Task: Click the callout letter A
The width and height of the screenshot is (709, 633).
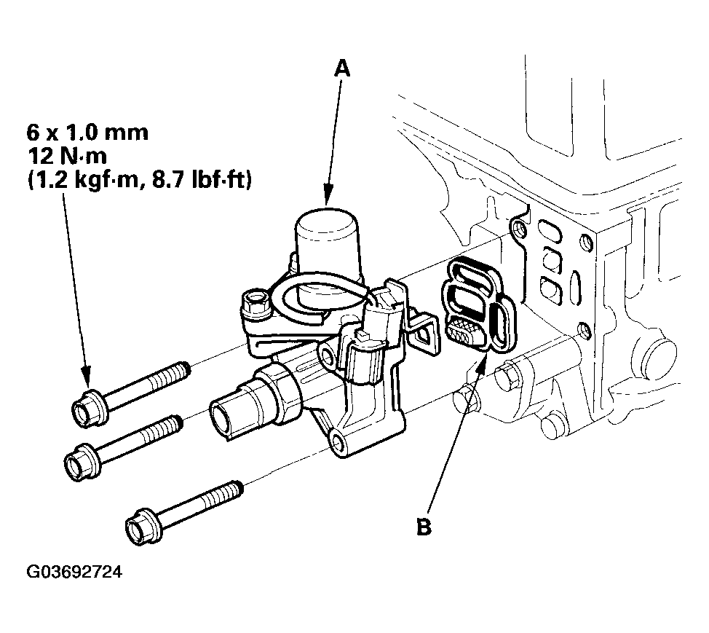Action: pos(341,68)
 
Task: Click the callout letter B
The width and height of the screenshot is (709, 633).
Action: pos(424,526)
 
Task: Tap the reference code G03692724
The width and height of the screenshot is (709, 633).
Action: pos(74,573)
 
